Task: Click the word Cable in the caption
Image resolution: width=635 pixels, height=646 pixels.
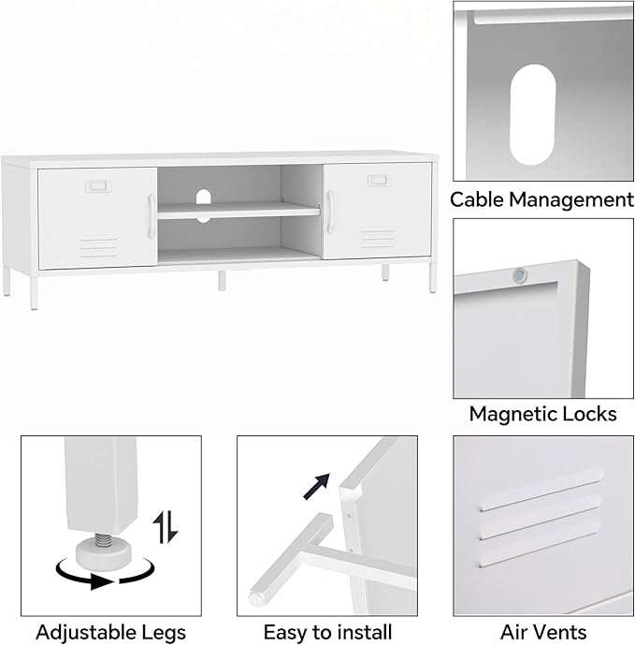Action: click(477, 199)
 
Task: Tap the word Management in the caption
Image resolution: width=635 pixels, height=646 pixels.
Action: click(571, 199)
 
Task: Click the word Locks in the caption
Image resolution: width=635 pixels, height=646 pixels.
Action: click(586, 414)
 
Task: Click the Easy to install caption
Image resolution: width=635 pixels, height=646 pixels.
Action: click(327, 632)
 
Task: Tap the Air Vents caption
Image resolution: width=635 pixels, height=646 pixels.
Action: click(543, 632)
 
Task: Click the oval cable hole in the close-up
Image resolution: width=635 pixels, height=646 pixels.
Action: click(532, 114)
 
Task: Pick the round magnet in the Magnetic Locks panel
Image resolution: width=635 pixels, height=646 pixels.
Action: click(520, 275)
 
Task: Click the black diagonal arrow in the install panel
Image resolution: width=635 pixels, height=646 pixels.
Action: click(316, 486)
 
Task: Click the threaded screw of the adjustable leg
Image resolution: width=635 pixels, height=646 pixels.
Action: click(100, 539)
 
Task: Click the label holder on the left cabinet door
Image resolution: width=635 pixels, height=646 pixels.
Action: click(98, 186)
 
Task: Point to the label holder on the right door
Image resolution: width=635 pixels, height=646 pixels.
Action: click(379, 181)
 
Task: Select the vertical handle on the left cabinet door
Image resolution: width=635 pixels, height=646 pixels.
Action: click(152, 216)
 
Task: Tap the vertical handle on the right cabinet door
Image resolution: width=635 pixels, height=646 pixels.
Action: click(330, 212)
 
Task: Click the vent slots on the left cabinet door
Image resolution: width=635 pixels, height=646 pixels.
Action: click(99, 247)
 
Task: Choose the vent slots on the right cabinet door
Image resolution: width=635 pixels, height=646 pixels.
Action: click(378, 238)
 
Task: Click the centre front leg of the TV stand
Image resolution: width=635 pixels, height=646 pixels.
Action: click(222, 280)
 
